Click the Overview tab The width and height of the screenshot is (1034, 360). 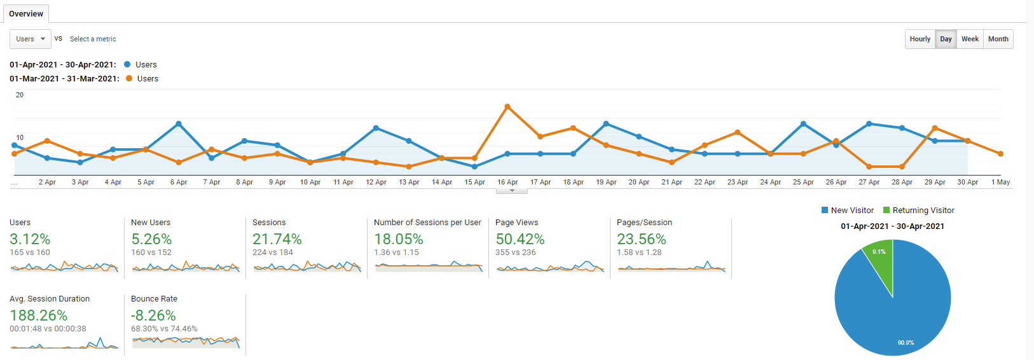click(x=26, y=13)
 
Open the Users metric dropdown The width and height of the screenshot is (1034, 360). click(x=30, y=39)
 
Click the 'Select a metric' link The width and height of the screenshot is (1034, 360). click(x=93, y=39)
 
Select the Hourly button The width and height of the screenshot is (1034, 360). click(x=920, y=39)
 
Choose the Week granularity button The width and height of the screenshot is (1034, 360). click(x=970, y=39)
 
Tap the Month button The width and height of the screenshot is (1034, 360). click(x=998, y=39)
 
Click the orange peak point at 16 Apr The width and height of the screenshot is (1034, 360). click(x=507, y=106)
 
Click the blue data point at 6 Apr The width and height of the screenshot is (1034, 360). click(x=179, y=123)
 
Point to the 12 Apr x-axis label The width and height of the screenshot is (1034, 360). click(x=376, y=182)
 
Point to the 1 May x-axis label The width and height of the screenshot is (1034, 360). click(x=1000, y=182)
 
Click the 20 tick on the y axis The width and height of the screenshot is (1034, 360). click(x=20, y=95)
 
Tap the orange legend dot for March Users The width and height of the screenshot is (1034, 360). click(x=129, y=78)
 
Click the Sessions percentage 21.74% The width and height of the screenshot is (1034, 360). click(x=277, y=239)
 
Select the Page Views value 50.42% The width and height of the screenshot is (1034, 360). click(x=520, y=239)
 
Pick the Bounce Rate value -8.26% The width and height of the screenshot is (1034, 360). click(x=153, y=315)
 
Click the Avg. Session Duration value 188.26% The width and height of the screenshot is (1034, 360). click(x=38, y=315)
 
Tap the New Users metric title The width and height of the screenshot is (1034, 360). click(x=151, y=223)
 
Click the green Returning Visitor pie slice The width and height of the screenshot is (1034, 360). click(x=880, y=261)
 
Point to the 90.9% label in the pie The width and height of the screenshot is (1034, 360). click(x=906, y=343)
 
